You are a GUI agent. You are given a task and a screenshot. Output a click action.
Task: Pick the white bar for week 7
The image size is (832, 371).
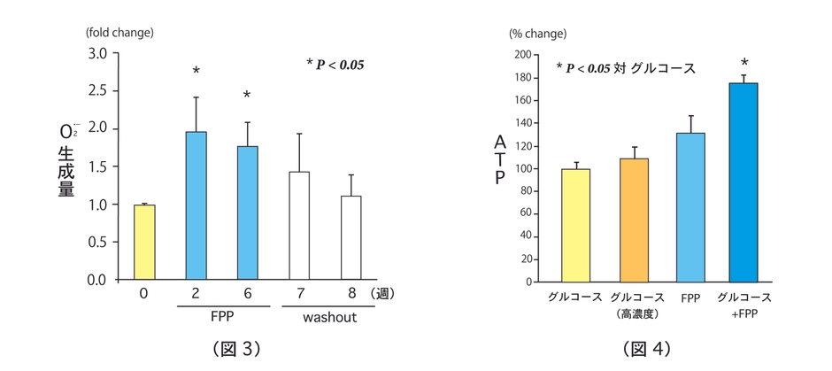(299, 226)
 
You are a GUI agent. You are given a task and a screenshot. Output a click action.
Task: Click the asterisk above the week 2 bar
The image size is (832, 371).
(196, 72)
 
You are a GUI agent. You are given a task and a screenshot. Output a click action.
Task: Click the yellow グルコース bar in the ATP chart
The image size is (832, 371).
(576, 225)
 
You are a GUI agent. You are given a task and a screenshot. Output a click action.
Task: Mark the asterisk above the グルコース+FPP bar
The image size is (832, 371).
(744, 63)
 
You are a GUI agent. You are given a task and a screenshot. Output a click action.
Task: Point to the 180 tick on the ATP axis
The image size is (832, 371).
(522, 78)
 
